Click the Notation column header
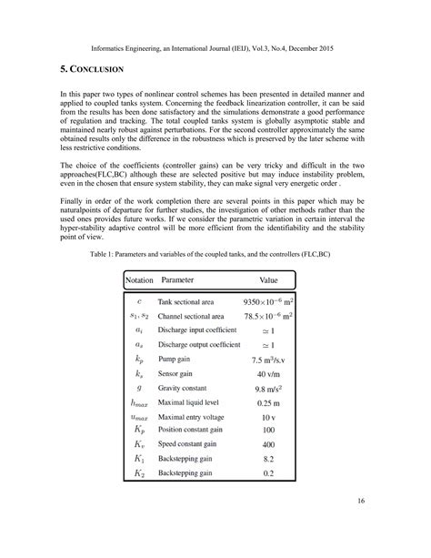click(139, 280)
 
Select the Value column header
click(274, 280)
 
